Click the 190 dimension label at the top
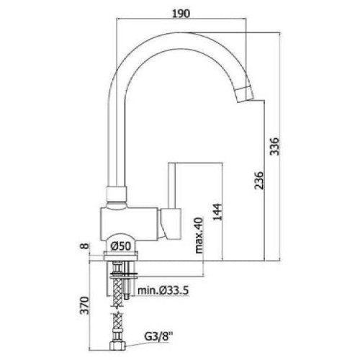click(x=181, y=14)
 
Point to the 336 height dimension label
click(x=274, y=146)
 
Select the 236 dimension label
click(x=259, y=180)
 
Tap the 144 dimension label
click(x=217, y=212)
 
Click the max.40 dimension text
click(x=199, y=235)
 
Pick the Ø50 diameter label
click(x=121, y=246)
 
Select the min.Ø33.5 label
click(x=163, y=291)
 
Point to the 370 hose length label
click(x=84, y=305)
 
